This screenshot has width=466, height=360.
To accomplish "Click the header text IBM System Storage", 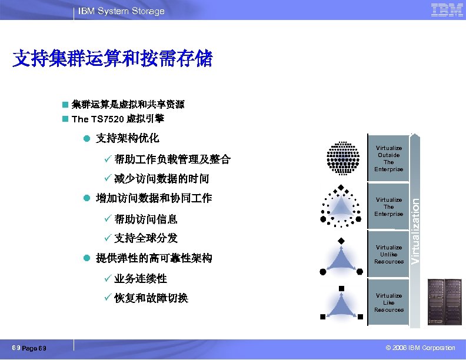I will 122,11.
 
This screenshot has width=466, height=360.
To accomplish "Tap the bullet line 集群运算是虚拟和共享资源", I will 128,105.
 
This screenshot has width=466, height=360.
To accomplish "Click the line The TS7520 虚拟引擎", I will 118,119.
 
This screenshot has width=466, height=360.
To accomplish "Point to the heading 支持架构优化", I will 127,139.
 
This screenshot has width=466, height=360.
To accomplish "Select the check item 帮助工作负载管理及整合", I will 172,159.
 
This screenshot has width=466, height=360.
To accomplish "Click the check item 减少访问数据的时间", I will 161,179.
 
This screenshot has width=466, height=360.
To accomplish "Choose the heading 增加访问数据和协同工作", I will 154,198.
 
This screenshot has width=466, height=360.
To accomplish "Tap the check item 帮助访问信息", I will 145,219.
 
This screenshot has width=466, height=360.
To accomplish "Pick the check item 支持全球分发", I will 145,238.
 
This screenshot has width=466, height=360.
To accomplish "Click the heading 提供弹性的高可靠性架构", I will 154,258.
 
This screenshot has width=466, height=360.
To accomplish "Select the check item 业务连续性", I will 140,278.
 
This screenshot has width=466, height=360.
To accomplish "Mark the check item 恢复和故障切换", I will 151,298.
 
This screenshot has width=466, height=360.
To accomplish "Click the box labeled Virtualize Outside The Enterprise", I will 388,159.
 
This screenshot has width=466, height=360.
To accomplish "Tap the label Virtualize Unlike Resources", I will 388,255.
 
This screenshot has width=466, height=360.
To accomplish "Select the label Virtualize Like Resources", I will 388,303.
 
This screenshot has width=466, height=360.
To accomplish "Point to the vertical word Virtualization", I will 415,231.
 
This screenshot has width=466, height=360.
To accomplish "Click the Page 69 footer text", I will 34,349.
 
